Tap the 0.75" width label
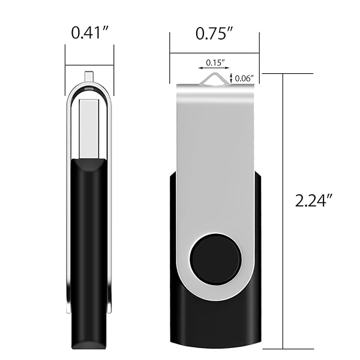click(x=214, y=34)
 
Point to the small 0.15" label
click(x=215, y=62)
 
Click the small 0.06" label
click(x=244, y=77)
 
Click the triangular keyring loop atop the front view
click(x=215, y=77)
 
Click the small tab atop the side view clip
click(x=89, y=76)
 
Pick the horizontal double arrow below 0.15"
click(x=215, y=68)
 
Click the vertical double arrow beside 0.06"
click(x=232, y=77)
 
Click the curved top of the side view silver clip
click(x=89, y=87)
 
